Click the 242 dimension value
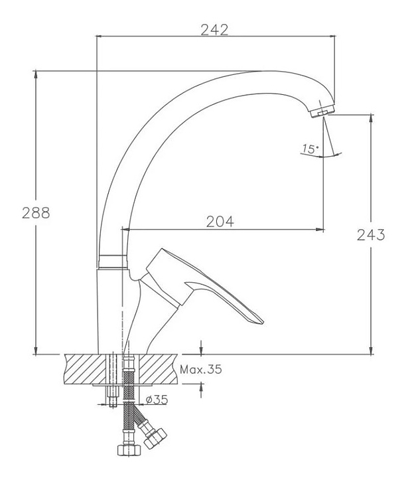point(214,30)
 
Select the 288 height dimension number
point(36,213)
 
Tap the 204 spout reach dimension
point(220,222)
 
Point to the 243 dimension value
point(371,235)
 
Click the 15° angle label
point(310,149)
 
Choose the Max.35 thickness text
point(201,370)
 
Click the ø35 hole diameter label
point(157,400)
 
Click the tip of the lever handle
point(263,321)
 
